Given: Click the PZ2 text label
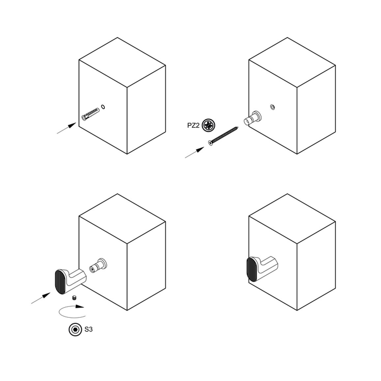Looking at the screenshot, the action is coord(193,125).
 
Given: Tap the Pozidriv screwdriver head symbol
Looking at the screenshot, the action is coord(209,125).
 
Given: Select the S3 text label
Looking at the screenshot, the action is coord(88,330).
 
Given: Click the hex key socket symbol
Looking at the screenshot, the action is coord(75,330).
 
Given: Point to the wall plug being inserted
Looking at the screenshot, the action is coord(91,114).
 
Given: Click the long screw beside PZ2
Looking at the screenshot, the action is coord(223,135).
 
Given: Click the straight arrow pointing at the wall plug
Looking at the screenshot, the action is coord(67,128).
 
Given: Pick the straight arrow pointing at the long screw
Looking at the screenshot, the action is coord(195,152).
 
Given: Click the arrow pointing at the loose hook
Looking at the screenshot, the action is coord(41,298).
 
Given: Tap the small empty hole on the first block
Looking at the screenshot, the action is coord(103,107).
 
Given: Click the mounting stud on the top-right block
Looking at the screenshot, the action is coord(253,118).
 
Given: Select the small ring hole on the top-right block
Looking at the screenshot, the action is coord(272,107).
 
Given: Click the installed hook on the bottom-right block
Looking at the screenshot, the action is coord(262,269).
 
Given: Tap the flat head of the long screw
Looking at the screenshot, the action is coord(210,143).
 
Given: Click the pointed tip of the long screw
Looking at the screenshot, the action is coord(238,127).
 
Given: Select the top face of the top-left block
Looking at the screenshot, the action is coord(122,62).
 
